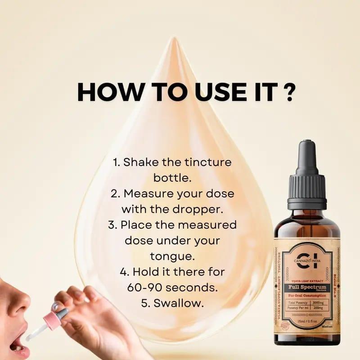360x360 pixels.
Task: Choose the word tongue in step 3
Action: pos(173,256)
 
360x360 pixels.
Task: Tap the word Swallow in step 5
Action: pos(179,303)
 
